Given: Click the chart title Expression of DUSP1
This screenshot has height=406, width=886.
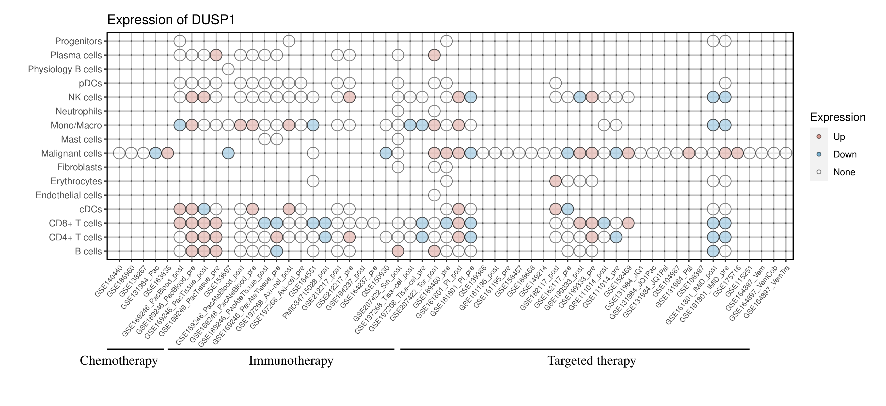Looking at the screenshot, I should (171, 20).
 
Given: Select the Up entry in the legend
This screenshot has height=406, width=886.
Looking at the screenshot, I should (839, 137).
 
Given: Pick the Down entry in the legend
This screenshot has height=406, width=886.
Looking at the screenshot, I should (844, 154).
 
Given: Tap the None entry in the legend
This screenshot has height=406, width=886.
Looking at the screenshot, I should (844, 172).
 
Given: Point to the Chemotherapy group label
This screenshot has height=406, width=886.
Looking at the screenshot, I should (119, 361).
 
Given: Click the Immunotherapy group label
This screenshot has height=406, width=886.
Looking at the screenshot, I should (291, 361).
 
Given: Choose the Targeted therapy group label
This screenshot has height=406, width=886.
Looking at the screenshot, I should (592, 361).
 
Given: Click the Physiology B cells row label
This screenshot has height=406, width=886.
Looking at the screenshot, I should (65, 69).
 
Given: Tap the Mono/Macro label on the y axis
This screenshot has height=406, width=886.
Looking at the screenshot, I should (76, 125).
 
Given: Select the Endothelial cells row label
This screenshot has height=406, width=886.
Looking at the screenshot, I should (69, 195).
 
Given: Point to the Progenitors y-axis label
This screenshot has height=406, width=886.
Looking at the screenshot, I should (79, 41).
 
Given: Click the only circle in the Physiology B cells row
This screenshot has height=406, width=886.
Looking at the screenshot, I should (228, 69).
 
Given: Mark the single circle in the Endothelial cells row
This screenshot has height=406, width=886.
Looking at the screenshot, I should (434, 195).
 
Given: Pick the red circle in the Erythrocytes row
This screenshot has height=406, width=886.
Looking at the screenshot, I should (555, 181).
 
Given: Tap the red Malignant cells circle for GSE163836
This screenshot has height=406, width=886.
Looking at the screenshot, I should (168, 153).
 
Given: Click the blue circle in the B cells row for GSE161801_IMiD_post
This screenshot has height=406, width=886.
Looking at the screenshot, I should (713, 251).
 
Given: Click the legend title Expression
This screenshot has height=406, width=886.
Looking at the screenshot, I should (838, 117).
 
